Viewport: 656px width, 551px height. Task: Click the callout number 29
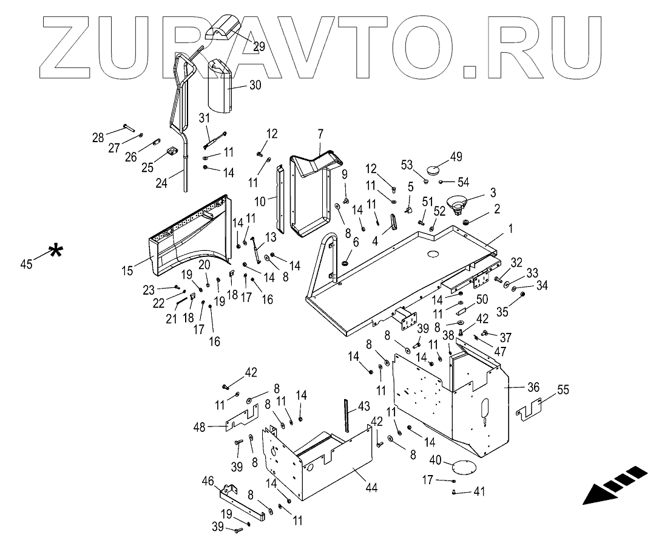tap(259, 46)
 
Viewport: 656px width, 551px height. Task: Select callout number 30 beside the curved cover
tap(255, 86)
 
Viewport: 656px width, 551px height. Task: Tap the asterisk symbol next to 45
tap(56, 251)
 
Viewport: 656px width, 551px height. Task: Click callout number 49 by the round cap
tap(456, 156)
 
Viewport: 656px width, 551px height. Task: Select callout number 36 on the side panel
tap(533, 387)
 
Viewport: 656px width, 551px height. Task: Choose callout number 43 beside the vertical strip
tap(364, 405)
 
